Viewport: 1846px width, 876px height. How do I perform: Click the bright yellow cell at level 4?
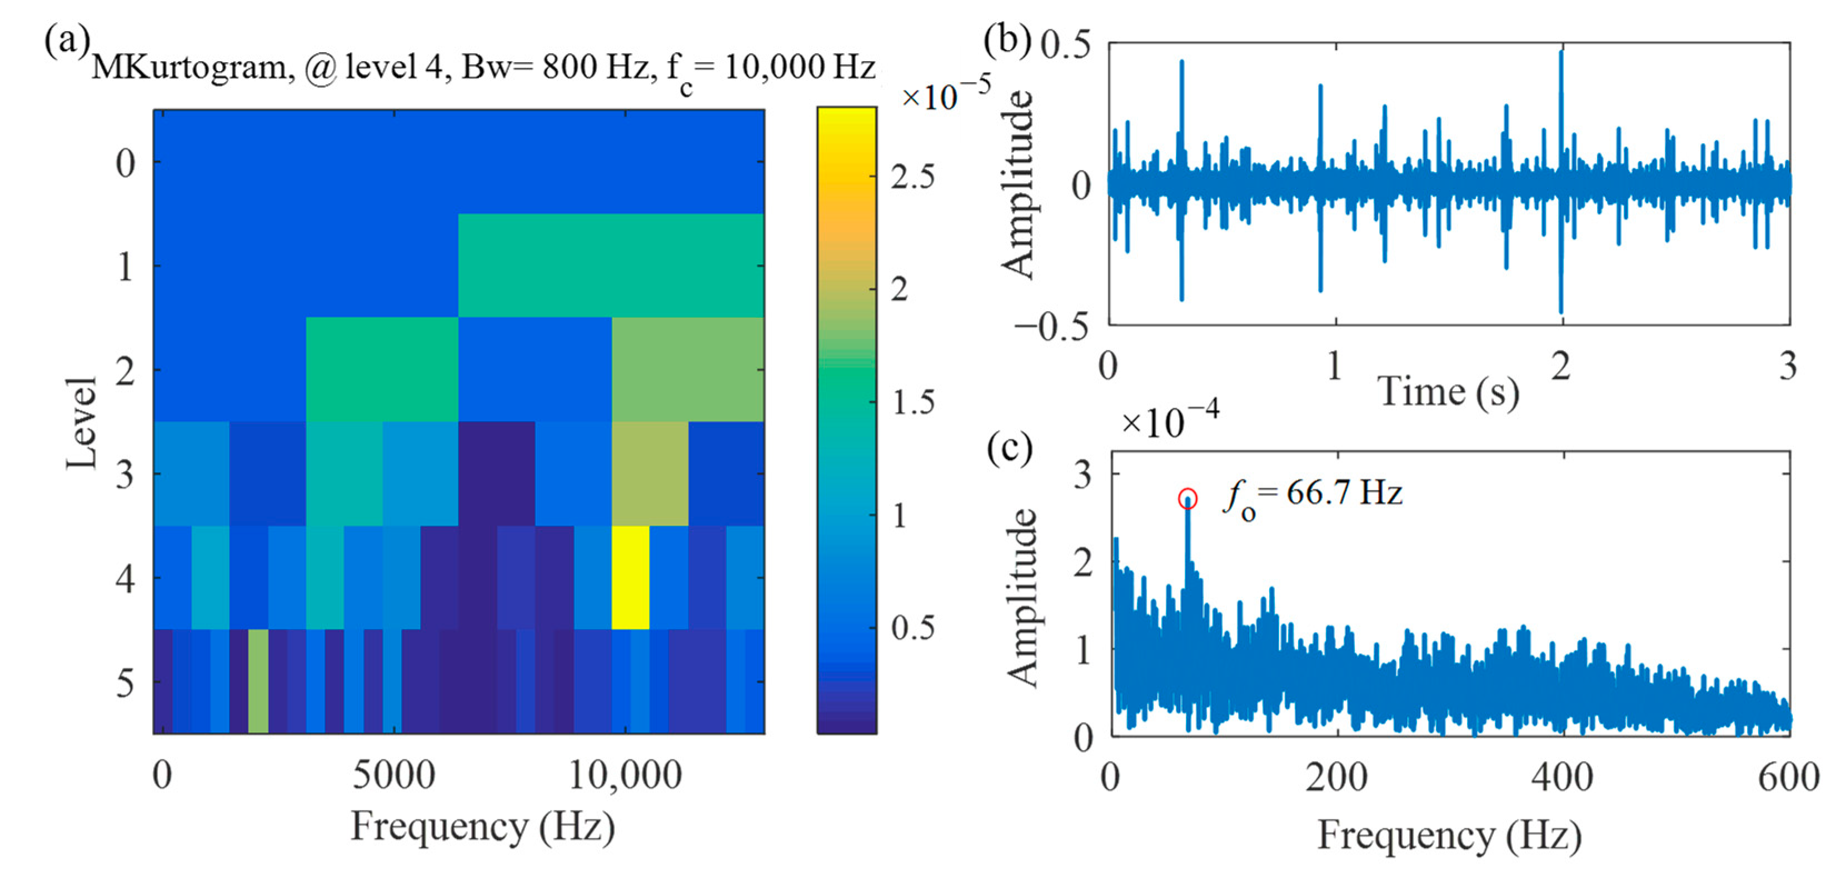click(x=630, y=577)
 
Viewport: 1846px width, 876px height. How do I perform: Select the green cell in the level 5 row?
click(x=258, y=680)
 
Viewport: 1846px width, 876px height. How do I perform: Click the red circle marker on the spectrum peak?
click(x=1188, y=499)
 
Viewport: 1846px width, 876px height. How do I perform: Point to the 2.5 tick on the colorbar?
click(x=913, y=177)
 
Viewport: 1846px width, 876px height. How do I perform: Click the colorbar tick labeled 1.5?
click(x=913, y=403)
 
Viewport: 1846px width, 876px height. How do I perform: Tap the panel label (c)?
click(x=1009, y=448)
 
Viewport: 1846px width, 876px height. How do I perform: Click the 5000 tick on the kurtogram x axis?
click(x=393, y=775)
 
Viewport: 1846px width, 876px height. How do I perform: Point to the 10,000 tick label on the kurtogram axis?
click(x=625, y=775)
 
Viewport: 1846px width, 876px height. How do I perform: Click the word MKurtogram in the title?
click(x=190, y=68)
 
